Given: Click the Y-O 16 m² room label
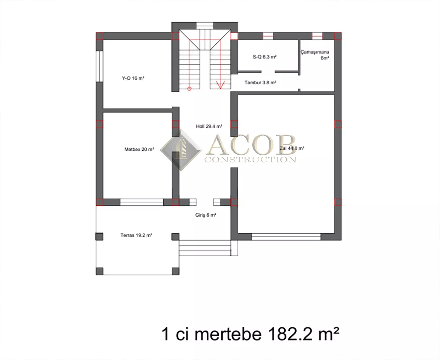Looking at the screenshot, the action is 133,78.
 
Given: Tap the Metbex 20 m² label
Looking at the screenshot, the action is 139,149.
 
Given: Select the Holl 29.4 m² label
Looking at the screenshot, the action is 209,126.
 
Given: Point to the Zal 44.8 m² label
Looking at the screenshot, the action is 292,148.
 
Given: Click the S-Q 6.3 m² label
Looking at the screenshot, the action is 264,57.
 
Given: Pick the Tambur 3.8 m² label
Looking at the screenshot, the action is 260,82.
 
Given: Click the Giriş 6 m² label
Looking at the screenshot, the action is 206,215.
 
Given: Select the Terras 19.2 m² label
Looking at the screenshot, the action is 136,235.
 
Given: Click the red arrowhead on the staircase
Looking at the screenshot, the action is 220,85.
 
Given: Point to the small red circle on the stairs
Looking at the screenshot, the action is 189,89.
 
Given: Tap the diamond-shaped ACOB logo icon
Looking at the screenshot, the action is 181,150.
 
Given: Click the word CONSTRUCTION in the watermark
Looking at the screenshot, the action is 250,160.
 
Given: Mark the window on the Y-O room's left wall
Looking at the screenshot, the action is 99,66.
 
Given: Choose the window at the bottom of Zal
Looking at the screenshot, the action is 286,237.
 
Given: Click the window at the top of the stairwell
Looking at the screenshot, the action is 205,26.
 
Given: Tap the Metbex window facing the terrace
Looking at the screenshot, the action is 142,202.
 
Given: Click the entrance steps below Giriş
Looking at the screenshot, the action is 205,248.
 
